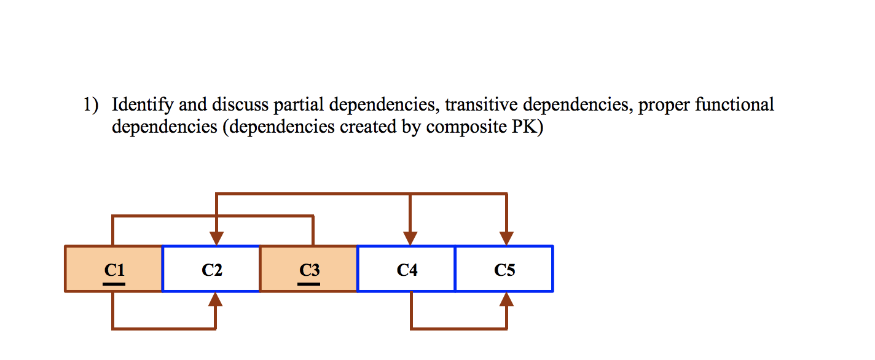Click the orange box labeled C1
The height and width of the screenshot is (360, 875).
point(114,269)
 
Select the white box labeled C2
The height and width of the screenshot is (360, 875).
point(211,269)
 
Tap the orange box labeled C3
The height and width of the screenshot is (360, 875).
point(308,269)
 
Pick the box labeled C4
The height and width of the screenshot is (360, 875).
point(407,269)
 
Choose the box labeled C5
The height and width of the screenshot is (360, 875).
point(504,269)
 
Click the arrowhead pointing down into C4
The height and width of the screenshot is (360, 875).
point(410,238)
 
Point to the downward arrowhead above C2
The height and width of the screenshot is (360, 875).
point(216,238)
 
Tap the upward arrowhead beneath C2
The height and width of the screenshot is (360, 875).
point(215,299)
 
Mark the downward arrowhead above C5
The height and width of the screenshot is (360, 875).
point(506,238)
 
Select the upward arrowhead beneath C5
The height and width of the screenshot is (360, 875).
point(506,299)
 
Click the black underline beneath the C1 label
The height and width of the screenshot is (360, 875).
point(114,284)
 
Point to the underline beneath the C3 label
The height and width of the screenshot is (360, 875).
point(309,284)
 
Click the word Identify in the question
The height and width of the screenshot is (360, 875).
point(143,106)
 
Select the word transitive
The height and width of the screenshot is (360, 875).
point(481,105)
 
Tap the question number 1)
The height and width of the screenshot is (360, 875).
point(91,106)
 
